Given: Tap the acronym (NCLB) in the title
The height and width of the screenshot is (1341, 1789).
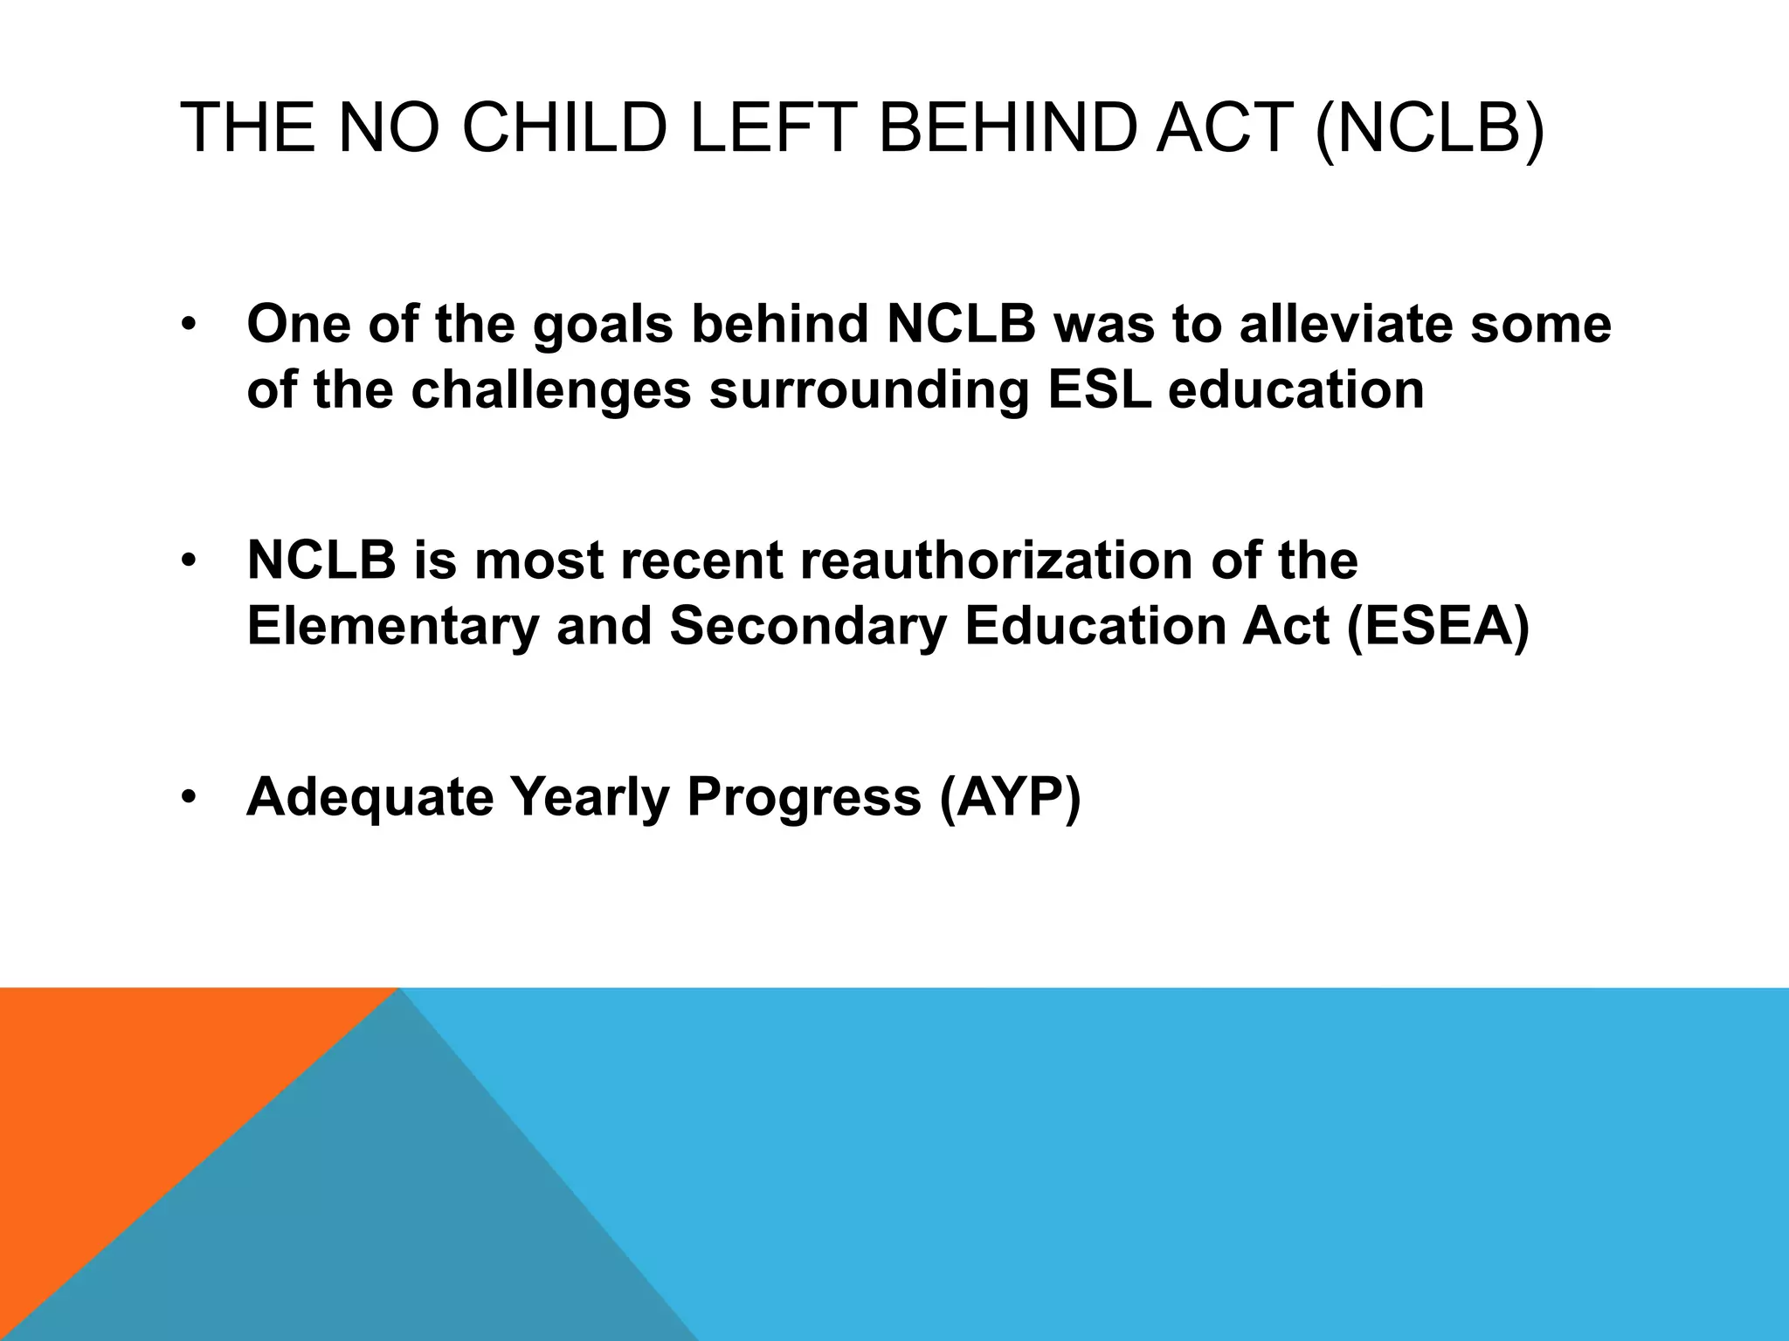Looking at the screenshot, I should pyautogui.click(x=1429, y=128).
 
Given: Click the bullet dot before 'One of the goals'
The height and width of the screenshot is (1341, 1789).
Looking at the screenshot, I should pyautogui.click(x=189, y=325).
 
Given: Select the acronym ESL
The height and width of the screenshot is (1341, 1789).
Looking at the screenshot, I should pyautogui.click(x=1099, y=389).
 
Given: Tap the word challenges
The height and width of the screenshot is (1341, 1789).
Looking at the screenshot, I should pyautogui.click(x=551, y=391).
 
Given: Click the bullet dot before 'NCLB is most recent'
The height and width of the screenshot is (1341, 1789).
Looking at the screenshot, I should pyautogui.click(x=189, y=561).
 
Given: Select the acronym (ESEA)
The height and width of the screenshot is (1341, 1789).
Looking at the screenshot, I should pyautogui.click(x=1438, y=626).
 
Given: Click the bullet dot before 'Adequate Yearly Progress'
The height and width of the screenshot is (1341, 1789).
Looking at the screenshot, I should pyautogui.click(x=189, y=798).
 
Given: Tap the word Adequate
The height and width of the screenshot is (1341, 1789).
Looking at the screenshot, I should pyautogui.click(x=370, y=797).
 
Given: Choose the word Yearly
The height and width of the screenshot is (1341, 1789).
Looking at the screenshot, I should pyautogui.click(x=590, y=797).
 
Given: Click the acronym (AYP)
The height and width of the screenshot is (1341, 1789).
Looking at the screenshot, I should pyautogui.click(x=1010, y=797).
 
